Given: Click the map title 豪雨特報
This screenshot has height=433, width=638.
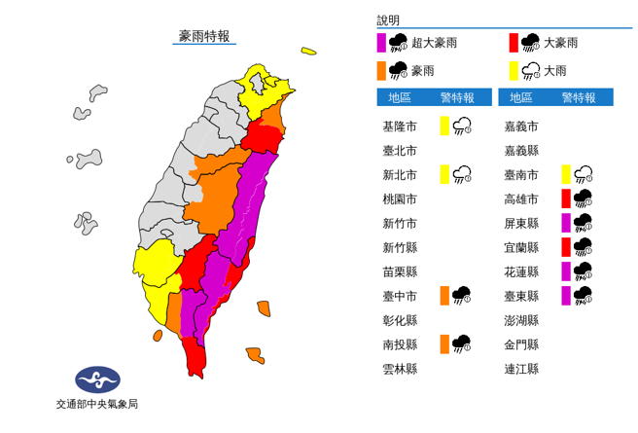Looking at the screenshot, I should [x=204, y=36].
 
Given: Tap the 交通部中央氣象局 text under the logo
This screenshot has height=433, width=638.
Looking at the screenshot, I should [x=96, y=403].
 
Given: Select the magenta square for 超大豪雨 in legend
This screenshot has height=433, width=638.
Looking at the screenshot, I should [x=382, y=43].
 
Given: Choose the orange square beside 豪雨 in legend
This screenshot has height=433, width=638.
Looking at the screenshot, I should [x=382, y=70].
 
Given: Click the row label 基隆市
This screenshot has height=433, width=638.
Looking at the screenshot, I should [x=400, y=126].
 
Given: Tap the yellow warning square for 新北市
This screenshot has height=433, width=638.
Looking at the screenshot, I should [x=443, y=174].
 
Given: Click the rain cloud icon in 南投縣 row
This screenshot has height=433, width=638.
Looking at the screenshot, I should [x=462, y=343].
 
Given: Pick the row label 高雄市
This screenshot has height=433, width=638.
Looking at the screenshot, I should [x=521, y=198].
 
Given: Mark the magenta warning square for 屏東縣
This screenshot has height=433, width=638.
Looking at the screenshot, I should [x=565, y=223].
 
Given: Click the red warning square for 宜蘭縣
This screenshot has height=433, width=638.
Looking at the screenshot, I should [x=565, y=247].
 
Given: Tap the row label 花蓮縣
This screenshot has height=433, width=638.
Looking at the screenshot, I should [x=521, y=271].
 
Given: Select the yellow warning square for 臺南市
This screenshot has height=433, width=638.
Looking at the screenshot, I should [x=565, y=174].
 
